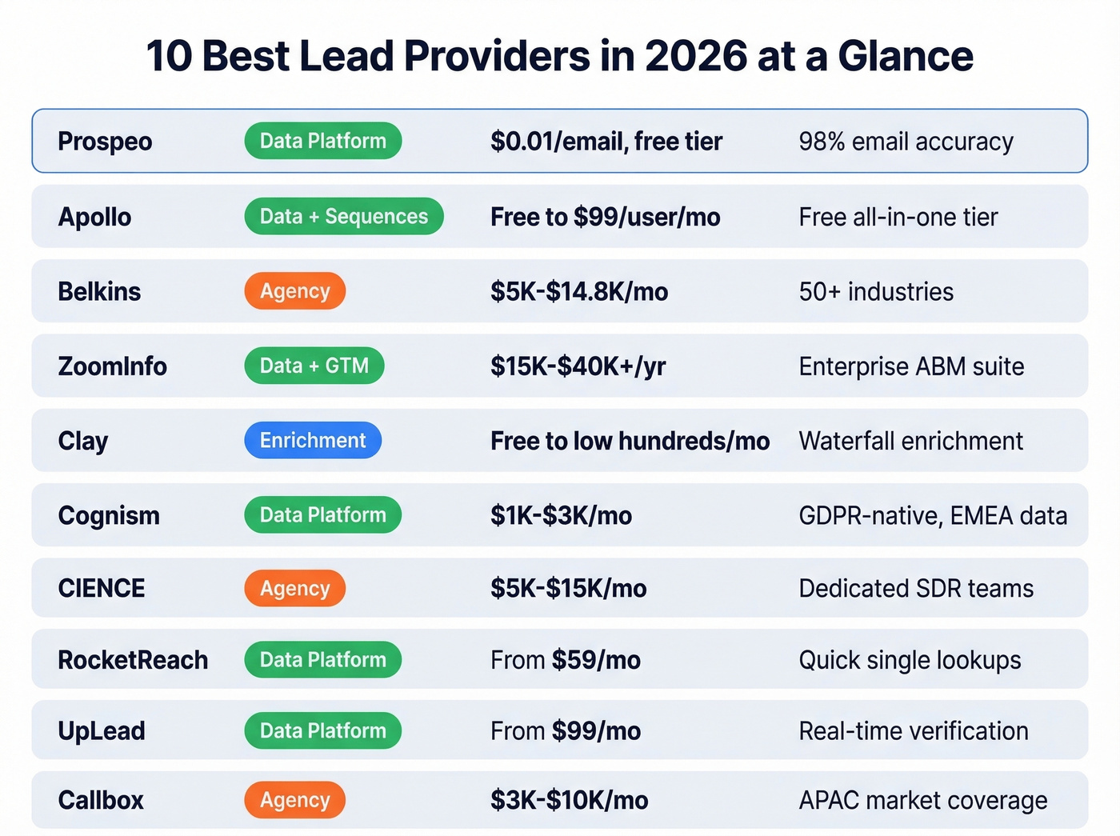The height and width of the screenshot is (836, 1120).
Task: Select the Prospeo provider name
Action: click(105, 142)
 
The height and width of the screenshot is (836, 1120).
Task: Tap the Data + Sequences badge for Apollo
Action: click(343, 216)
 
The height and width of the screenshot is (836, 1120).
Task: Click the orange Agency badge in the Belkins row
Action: click(294, 291)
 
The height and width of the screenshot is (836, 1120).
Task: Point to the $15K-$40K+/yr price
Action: click(578, 366)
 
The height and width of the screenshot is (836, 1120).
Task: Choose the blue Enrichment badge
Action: click(313, 440)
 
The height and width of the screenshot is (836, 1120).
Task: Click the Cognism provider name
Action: click(109, 515)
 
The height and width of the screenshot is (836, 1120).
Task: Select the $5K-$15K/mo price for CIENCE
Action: click(568, 588)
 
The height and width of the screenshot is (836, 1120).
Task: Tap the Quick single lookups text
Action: click(910, 660)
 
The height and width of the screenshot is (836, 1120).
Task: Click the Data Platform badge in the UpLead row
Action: click(322, 730)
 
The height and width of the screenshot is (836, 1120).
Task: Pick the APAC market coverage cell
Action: click(922, 800)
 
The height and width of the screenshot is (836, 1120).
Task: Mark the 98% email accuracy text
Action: click(906, 142)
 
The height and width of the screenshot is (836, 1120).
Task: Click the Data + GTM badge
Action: click(314, 366)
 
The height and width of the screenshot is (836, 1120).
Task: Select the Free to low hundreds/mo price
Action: click(630, 441)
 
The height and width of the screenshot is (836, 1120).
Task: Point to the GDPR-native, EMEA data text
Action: click(933, 515)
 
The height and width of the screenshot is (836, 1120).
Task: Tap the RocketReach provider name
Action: click(133, 660)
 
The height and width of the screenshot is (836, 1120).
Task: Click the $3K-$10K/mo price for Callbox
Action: click(569, 800)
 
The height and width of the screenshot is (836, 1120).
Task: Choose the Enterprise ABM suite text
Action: click(911, 366)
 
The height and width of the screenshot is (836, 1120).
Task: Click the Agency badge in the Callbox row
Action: click(294, 800)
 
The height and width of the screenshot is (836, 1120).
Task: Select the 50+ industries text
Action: click(876, 291)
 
